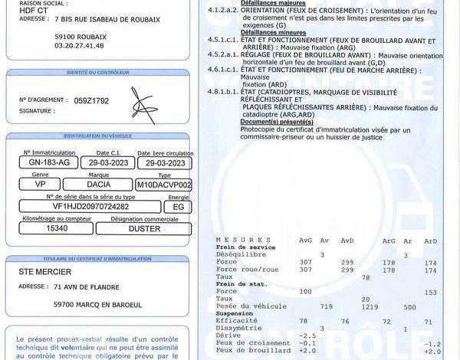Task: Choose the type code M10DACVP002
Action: (163, 185)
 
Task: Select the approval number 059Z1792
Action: (92, 100)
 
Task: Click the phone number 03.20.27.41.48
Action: (79, 46)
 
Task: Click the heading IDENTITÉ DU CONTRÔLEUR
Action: (97, 73)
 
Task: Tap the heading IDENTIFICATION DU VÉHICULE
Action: (97, 136)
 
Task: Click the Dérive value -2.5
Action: (308, 335)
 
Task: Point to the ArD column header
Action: (431, 240)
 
